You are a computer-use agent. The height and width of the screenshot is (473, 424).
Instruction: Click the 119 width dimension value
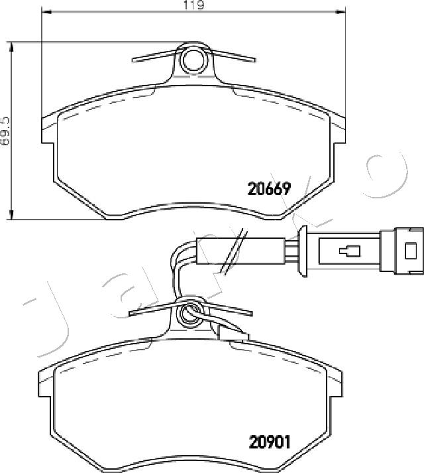tap(194, 5)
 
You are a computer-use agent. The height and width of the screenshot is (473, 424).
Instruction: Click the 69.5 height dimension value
tap(6, 132)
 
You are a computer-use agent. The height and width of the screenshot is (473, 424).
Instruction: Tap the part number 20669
tap(269, 189)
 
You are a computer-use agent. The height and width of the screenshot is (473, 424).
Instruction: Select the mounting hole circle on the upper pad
tap(194, 60)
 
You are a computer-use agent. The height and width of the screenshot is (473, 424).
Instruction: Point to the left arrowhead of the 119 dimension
tap(46, 12)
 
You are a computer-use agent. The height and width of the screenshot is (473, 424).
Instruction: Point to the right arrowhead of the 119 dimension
tap(341, 12)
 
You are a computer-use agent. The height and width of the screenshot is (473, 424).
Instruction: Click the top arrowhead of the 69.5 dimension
tap(12, 47)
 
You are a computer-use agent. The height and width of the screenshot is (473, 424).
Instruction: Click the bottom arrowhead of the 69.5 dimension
tap(12, 214)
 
